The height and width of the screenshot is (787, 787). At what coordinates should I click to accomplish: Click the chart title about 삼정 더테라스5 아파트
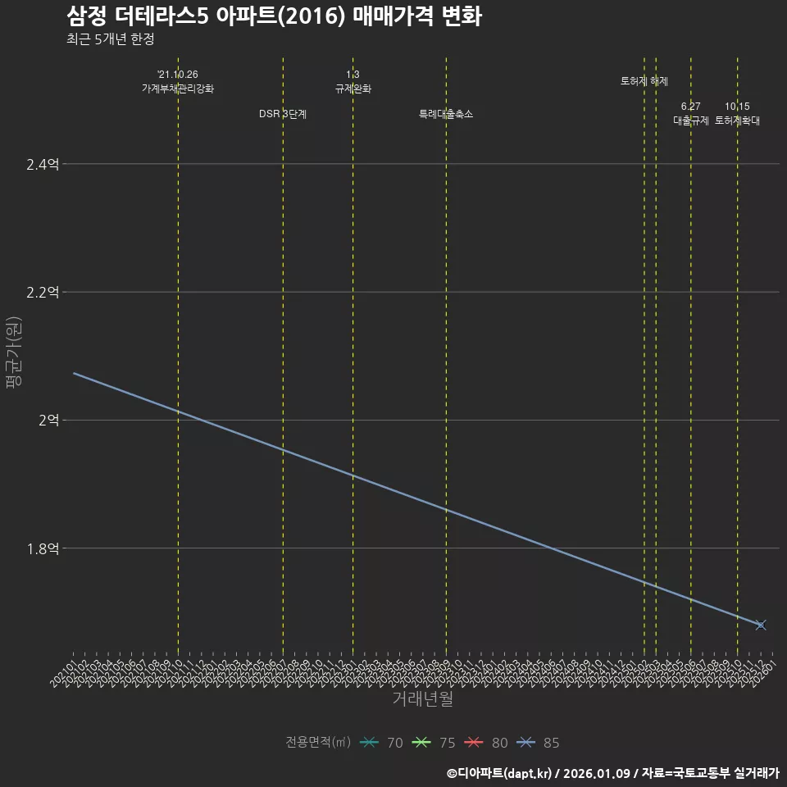coord(274,16)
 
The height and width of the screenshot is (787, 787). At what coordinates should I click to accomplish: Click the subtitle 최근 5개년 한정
coord(110,39)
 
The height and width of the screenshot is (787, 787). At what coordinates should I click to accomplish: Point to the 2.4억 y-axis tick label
coord(43,165)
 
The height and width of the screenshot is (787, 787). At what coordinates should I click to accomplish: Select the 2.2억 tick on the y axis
coord(43,293)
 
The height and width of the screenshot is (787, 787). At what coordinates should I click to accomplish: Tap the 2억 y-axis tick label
coord(48,421)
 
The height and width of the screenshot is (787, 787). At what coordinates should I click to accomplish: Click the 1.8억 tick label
coord(43,548)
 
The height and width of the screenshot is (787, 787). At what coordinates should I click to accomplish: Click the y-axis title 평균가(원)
coord(14,353)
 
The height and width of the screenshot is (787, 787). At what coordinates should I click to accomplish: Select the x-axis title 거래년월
coord(423,699)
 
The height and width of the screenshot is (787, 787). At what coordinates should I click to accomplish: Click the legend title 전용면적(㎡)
coord(318,743)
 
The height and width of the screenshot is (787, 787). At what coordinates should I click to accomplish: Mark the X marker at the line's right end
coord(761,625)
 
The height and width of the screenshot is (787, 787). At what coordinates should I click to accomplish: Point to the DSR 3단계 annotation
coord(283,114)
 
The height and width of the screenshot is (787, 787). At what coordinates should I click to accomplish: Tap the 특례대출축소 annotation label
coord(446,114)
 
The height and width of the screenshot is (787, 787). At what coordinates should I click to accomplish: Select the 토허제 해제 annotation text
coord(644,81)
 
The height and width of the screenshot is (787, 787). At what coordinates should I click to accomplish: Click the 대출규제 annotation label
coord(691,121)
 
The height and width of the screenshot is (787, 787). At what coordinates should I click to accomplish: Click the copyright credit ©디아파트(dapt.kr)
coord(500,773)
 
